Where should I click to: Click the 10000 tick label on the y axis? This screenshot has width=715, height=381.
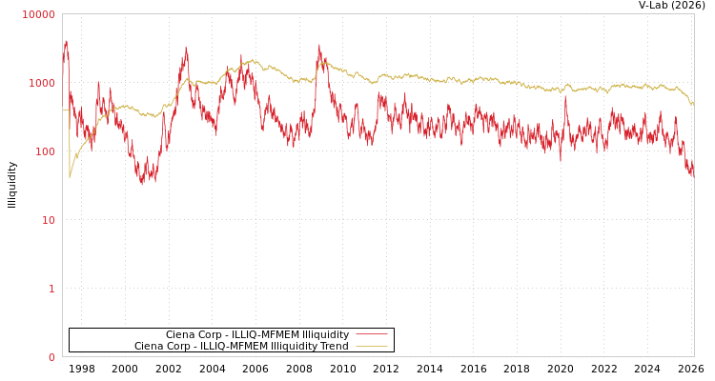pyautogui.click(x=39, y=14)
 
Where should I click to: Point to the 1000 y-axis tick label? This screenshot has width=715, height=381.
pyautogui.click(x=42, y=83)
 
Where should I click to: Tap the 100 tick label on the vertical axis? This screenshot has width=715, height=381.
pyautogui.click(x=45, y=151)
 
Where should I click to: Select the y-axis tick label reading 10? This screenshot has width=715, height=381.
pyautogui.click(x=48, y=220)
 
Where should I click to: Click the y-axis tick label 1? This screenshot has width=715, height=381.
pyautogui.click(x=51, y=289)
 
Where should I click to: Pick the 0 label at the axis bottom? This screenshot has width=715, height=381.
pyautogui.click(x=51, y=357)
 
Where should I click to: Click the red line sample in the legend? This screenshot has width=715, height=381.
pyautogui.click(x=371, y=334)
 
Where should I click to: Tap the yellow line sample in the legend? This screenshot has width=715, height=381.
pyautogui.click(x=371, y=347)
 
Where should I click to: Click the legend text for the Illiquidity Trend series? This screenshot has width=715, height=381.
pyautogui.click(x=241, y=347)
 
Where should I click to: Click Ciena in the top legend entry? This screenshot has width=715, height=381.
pyautogui.click(x=180, y=334)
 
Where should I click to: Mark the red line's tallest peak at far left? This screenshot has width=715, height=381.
pyautogui.click(x=66, y=41)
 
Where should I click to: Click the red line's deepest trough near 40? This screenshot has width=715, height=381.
pyautogui.click(x=142, y=183)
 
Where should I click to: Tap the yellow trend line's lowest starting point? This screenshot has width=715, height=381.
pyautogui.click(x=70, y=177)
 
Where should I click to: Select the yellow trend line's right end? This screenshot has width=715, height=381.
pyautogui.click(x=693, y=103)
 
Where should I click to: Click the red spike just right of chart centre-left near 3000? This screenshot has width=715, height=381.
pyautogui.click(x=319, y=45)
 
